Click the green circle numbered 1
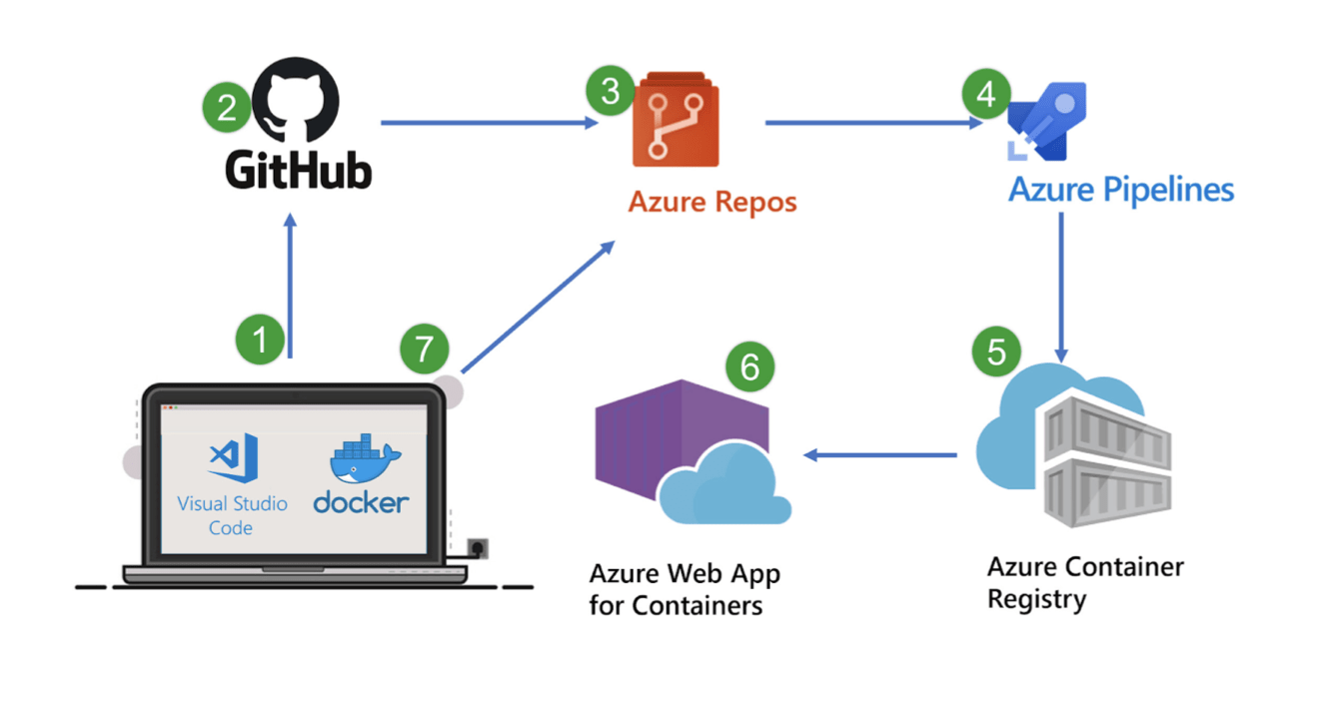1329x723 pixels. pyautogui.click(x=260, y=340)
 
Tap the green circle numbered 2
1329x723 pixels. pyautogui.click(x=227, y=108)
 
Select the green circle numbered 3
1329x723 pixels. pyautogui.click(x=611, y=91)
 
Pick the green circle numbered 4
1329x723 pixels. pyautogui.click(x=986, y=93)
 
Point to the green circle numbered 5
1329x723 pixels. pyautogui.click(x=996, y=352)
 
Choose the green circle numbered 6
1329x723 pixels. pyautogui.click(x=749, y=365)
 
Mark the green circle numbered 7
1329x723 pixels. pyautogui.click(x=425, y=349)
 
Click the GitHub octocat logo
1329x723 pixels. pyautogui.click(x=296, y=100)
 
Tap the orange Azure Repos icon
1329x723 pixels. pyautogui.click(x=675, y=119)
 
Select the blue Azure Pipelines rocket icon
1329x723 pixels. pyautogui.click(x=1047, y=121)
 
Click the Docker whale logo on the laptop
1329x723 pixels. pyautogui.click(x=365, y=458)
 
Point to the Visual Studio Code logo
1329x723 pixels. pyautogui.click(x=233, y=457)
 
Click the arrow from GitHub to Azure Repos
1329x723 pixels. pyautogui.click(x=489, y=123)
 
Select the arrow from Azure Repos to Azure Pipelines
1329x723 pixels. pyautogui.click(x=873, y=123)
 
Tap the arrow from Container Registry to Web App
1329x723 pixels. pyautogui.click(x=880, y=455)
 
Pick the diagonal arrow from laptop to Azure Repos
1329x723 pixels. pyautogui.click(x=539, y=307)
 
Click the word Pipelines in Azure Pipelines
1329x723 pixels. pyautogui.click(x=1168, y=191)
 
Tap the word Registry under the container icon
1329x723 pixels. pyautogui.click(x=1036, y=599)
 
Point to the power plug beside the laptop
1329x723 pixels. pyautogui.click(x=478, y=548)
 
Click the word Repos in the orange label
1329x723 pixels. pyautogui.click(x=755, y=203)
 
